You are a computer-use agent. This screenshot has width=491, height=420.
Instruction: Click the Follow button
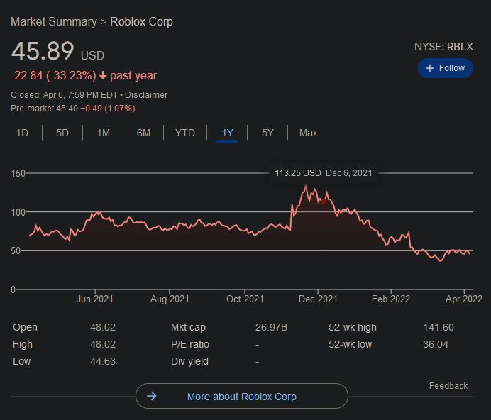point(445,68)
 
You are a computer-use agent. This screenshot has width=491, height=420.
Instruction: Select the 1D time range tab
point(22,133)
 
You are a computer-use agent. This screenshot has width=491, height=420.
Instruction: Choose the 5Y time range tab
point(267,133)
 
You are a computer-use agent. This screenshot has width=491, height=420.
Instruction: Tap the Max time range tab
point(308,133)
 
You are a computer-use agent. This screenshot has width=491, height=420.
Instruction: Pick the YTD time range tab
point(184,133)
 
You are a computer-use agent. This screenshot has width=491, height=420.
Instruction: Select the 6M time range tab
point(143,133)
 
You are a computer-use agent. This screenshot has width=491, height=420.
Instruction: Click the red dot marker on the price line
point(324,201)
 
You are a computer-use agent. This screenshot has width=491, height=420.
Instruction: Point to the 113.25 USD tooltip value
point(298,173)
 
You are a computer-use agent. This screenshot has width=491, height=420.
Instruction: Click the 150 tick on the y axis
point(18,173)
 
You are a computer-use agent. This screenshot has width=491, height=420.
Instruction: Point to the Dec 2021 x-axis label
point(318,299)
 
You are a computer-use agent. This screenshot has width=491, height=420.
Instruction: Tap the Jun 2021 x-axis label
point(95,299)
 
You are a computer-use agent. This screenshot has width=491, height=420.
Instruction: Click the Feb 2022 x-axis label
point(391,299)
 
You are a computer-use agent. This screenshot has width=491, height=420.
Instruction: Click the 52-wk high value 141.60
point(438,327)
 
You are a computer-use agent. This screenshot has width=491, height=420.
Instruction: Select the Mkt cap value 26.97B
point(271,327)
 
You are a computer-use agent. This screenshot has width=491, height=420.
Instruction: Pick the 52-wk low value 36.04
point(436,344)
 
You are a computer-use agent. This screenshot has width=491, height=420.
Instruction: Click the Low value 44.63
point(101,361)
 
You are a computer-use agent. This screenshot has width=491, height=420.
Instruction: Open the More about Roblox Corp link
point(241,397)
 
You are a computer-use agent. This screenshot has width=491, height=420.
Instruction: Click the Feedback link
point(448,386)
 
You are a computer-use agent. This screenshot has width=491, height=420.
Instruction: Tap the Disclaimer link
point(146,94)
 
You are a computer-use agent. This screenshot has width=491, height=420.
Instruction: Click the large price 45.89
point(43,52)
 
